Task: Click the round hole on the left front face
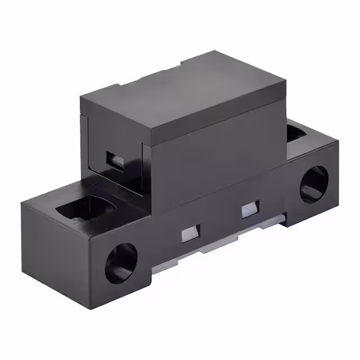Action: pos(121,263)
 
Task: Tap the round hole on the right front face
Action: pos(313,184)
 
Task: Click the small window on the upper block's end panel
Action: pos(116,160)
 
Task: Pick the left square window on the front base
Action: pos(191,232)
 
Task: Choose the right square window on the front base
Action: pos(249,209)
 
